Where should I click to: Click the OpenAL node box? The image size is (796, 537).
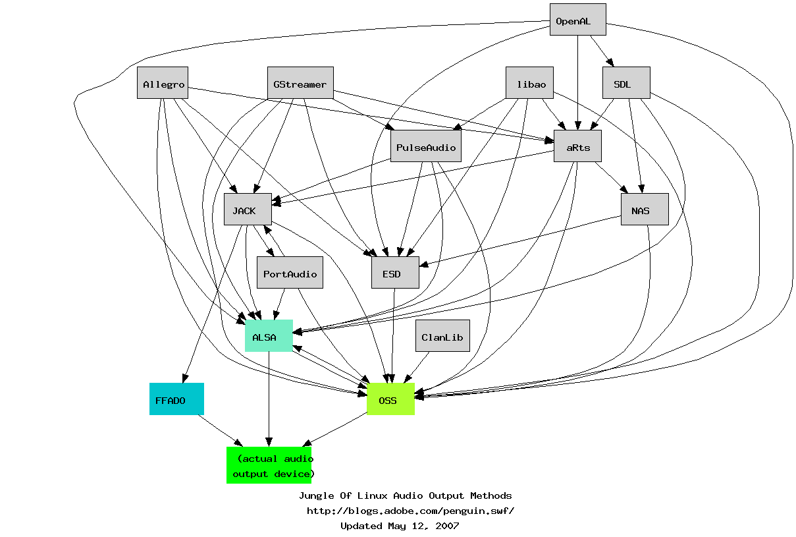click(x=577, y=20)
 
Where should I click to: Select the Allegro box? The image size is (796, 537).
click(x=162, y=83)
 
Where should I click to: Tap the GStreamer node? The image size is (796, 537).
click(x=300, y=83)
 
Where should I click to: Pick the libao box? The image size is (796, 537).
click(x=529, y=83)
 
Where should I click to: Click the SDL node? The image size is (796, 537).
click(x=626, y=83)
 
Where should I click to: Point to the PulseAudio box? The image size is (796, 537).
click(x=426, y=146)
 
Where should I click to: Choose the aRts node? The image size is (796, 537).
click(x=577, y=146)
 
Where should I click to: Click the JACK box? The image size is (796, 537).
click(x=248, y=210)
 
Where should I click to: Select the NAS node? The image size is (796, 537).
click(x=645, y=210)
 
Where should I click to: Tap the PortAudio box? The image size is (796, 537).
click(x=290, y=273)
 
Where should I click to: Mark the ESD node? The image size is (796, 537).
click(x=395, y=273)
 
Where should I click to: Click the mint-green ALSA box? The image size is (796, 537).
click(x=269, y=336)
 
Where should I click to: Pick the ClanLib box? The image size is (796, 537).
click(x=442, y=336)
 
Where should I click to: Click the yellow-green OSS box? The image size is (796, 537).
click(x=390, y=399)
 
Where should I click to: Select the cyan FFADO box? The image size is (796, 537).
click(x=176, y=399)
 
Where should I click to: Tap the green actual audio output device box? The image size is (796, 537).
click(x=269, y=465)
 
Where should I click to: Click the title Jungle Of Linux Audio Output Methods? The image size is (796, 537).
click(x=405, y=495)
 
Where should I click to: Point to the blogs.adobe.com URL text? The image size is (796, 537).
click(x=410, y=511)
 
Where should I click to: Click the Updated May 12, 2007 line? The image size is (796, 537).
click(x=400, y=526)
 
